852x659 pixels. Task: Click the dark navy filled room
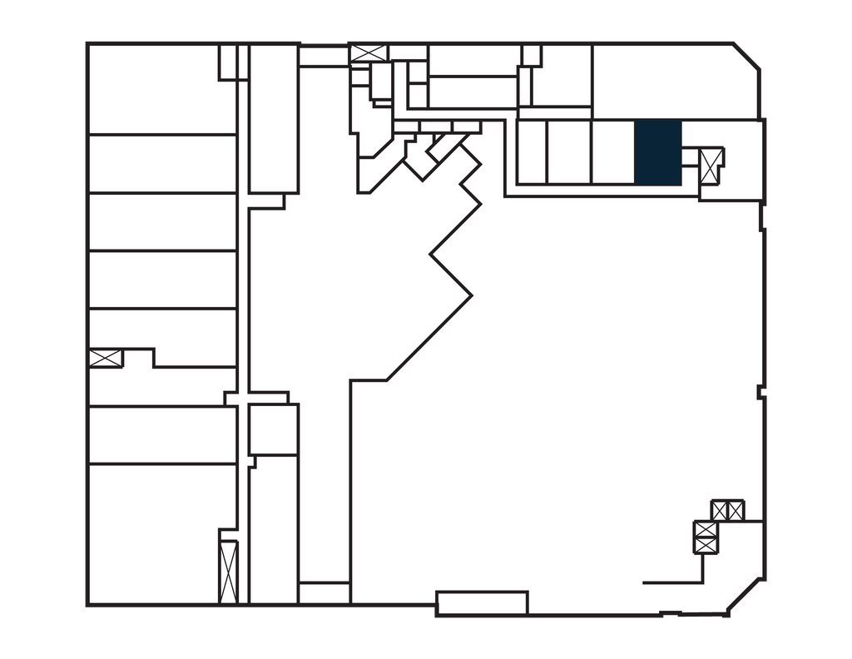[x=658, y=151]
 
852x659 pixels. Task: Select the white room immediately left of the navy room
[x=612, y=151]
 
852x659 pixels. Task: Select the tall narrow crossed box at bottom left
[x=227, y=571]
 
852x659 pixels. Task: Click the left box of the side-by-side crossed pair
[x=721, y=509]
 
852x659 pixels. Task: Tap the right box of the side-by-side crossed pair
[x=736, y=509]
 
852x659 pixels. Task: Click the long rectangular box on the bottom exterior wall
[x=482, y=602]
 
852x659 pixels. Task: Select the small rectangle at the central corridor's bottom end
[x=324, y=592]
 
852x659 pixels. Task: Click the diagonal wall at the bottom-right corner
[x=746, y=597]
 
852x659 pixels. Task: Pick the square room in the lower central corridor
[x=273, y=429]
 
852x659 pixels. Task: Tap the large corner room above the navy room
[x=674, y=81]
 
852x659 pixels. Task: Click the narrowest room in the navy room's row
[x=532, y=151]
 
